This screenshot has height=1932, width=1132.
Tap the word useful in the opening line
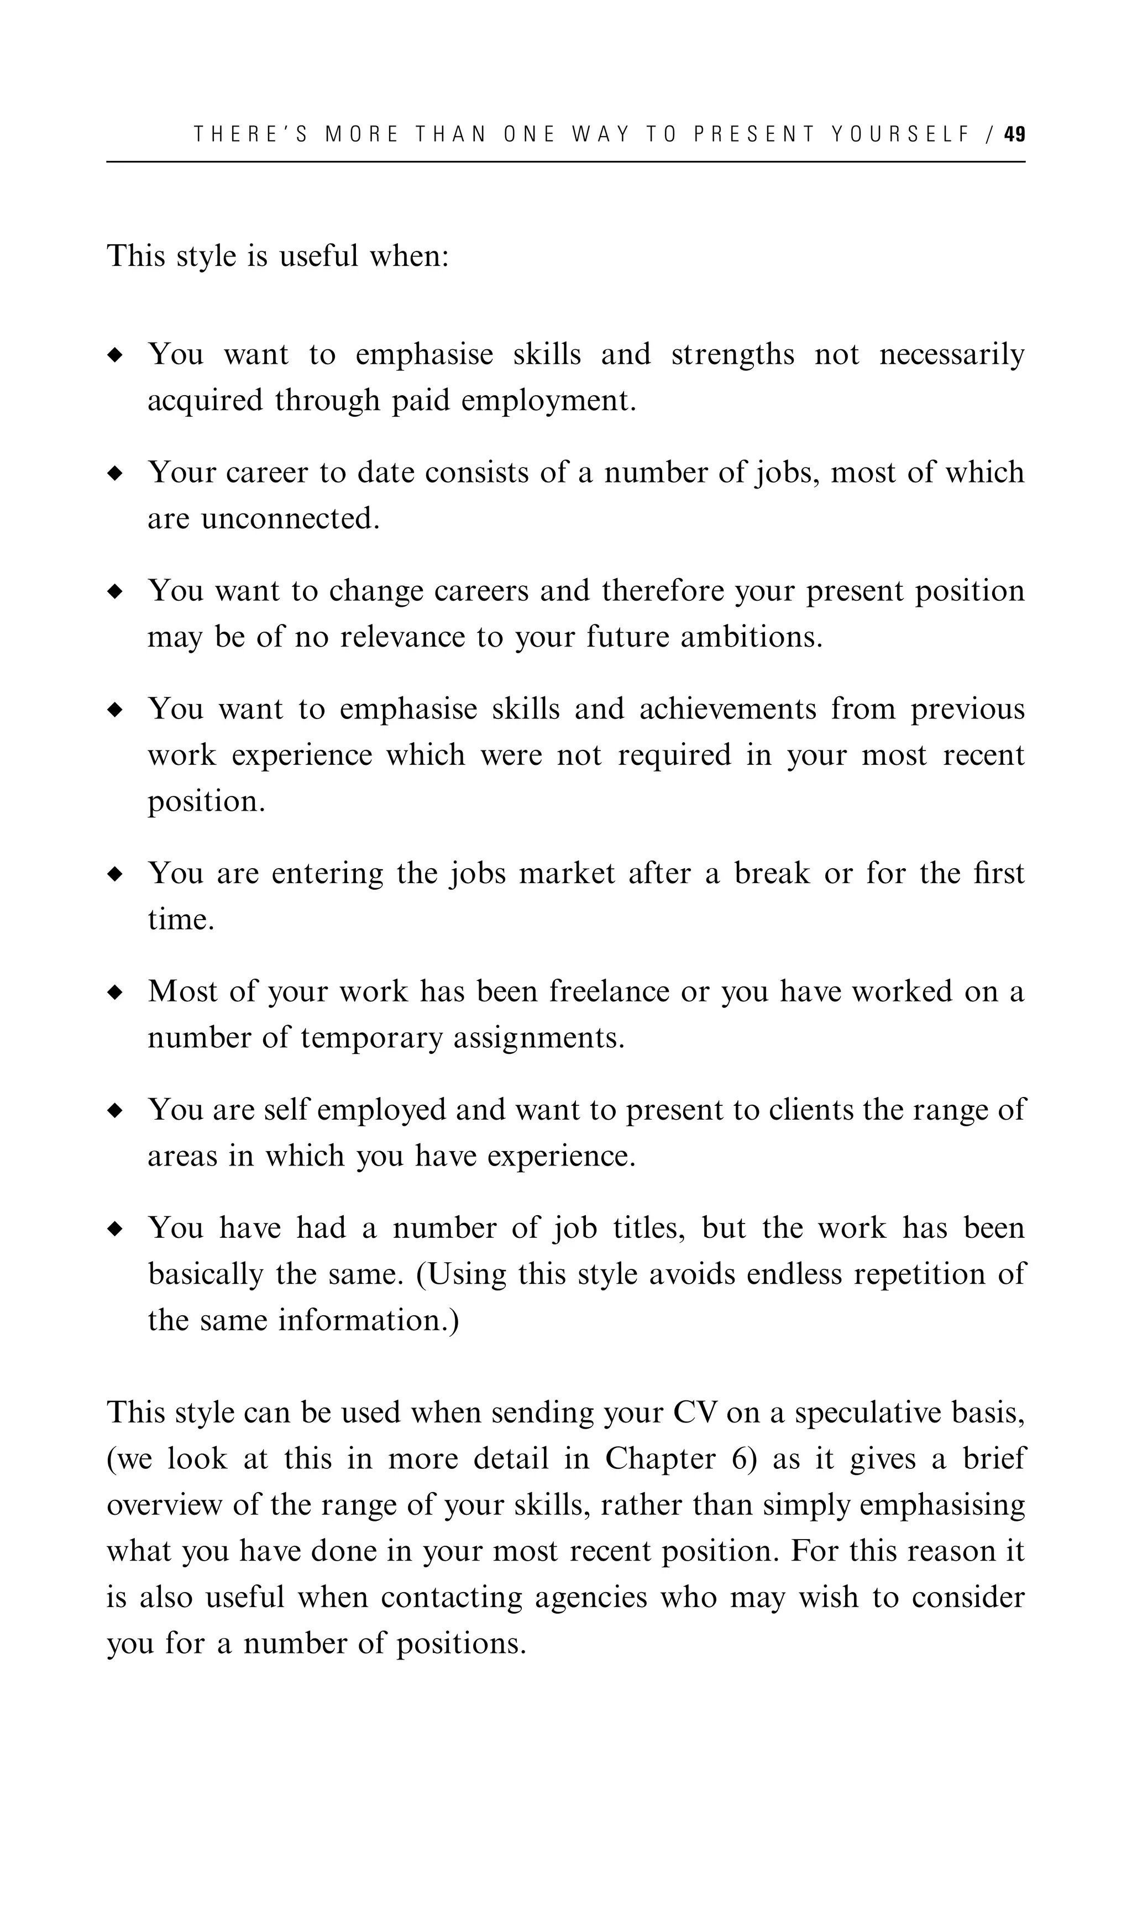point(317,255)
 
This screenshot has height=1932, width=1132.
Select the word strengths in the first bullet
point(732,355)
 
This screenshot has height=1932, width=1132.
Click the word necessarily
point(951,355)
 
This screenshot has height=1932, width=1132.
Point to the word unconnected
point(290,519)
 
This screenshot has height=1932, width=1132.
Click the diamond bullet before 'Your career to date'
point(115,474)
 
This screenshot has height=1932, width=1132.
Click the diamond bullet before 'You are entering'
point(115,875)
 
